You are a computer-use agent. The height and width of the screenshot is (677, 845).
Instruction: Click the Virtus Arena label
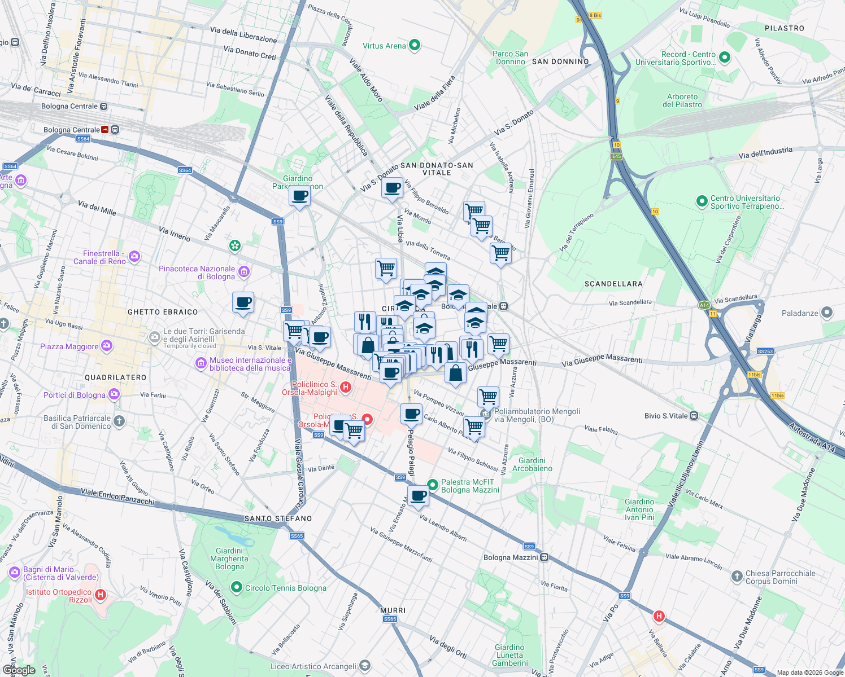coord(384,46)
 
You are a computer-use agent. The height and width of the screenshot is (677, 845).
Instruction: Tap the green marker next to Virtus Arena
coord(415,45)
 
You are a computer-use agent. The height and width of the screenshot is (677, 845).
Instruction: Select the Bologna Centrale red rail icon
coord(105,130)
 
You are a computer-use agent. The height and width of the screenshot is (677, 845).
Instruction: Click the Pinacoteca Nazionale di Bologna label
coord(197,272)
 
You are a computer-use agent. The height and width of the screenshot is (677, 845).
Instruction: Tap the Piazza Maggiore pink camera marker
coord(107,346)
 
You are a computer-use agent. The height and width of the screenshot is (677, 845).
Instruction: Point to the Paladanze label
coord(800,313)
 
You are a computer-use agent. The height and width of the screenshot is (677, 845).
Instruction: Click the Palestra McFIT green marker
coord(433,485)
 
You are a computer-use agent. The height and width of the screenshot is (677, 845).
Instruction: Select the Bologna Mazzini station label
coord(511,557)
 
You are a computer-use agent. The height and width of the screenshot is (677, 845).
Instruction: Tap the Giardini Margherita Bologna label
coord(229,559)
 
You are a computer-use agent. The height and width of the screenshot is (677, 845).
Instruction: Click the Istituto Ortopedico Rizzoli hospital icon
coord(101,594)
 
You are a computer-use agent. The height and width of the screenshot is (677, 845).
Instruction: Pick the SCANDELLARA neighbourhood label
coord(613,284)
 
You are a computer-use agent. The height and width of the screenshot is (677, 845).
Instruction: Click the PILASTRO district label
coord(785,28)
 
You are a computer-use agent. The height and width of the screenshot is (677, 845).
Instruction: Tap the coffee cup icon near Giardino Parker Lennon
coord(299,196)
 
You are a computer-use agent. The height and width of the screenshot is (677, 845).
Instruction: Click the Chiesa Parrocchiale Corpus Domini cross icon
coord(737,576)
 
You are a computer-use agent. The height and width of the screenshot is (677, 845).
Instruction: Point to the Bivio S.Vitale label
coord(666,416)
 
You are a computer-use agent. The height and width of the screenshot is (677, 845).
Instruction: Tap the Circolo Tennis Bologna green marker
coord(237,587)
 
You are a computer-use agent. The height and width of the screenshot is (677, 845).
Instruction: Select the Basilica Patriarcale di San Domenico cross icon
coord(119,420)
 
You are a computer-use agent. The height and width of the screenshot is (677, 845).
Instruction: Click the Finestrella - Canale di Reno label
coord(100,257)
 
